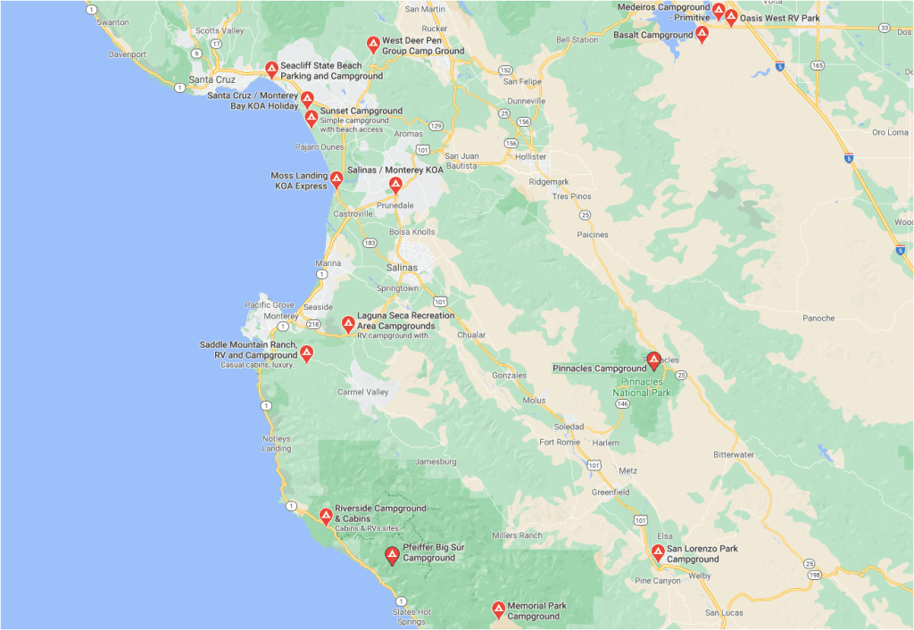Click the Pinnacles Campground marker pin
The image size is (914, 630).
[x=653, y=361]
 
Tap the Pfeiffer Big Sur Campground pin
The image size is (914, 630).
[x=392, y=556]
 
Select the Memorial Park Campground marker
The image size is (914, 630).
[x=499, y=609]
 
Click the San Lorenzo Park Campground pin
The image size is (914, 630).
[x=658, y=553]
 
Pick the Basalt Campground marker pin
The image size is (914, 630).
[x=702, y=35]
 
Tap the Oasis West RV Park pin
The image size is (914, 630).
[x=731, y=17]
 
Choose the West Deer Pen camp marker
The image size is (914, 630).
[x=373, y=45]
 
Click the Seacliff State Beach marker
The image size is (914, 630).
[x=272, y=70]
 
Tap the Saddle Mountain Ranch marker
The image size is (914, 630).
[x=306, y=354]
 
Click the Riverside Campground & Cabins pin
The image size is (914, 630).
[x=326, y=515]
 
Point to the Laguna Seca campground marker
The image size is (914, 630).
[x=348, y=325]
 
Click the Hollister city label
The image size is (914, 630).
[x=530, y=156]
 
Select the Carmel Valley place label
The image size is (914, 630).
[x=363, y=392]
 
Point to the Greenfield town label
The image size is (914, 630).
[x=611, y=492]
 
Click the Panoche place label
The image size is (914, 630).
[x=818, y=318]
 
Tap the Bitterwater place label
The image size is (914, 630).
[x=735, y=455]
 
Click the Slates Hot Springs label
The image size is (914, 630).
[x=412, y=617]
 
